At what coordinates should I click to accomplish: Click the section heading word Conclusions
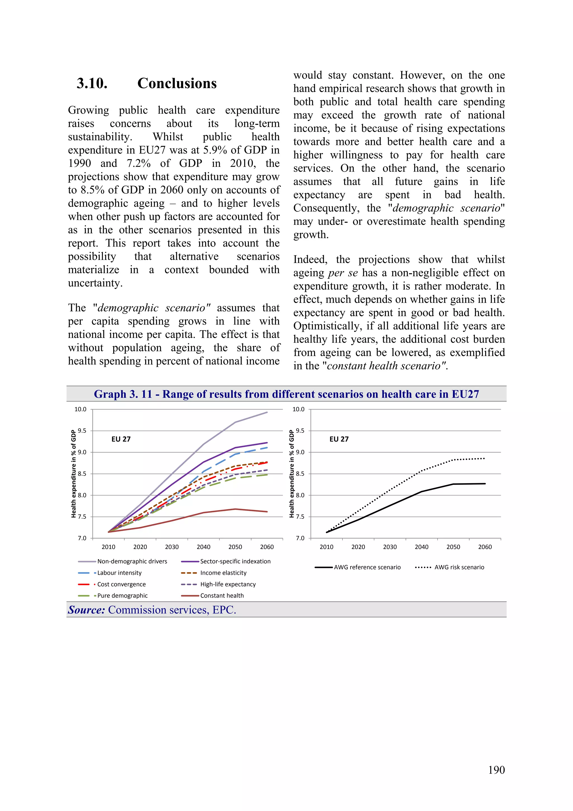point(177,83)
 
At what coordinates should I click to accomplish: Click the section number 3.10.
point(92,83)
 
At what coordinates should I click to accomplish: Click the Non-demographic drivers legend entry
point(132,561)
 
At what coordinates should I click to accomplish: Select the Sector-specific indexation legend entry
point(235,561)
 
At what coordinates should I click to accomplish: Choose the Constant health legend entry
point(222,595)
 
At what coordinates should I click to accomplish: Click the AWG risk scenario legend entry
point(459,567)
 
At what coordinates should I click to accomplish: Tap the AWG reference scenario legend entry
point(367,567)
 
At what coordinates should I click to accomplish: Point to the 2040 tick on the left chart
point(203,547)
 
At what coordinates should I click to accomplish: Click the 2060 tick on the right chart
point(485,547)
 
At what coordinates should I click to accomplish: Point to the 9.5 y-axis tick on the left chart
point(82,431)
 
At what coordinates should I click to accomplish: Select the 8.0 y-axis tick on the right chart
point(300,495)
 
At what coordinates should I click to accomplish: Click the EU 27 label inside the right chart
point(339,439)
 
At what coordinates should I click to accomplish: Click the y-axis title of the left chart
point(73,474)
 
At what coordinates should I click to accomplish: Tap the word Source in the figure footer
point(86,610)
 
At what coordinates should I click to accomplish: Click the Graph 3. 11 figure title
point(286,394)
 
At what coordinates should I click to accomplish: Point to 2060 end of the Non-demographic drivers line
point(267,412)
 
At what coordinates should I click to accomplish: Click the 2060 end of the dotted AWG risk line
point(484,459)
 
